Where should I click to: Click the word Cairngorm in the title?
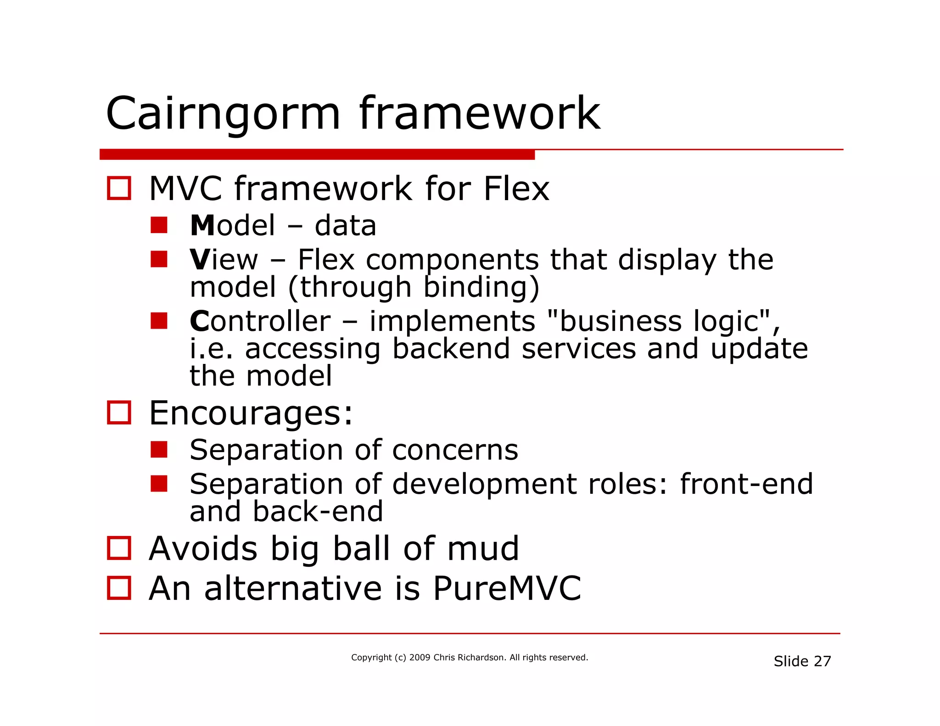pyautogui.click(x=223, y=114)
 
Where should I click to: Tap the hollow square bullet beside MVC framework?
pyautogui.click(x=119, y=188)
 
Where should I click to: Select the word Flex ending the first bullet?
pyautogui.click(x=516, y=189)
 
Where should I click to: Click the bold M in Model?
pyautogui.click(x=202, y=226)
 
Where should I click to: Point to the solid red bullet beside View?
pyautogui.click(x=159, y=259)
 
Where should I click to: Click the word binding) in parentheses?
pyautogui.click(x=481, y=287)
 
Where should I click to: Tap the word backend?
pyautogui.click(x=451, y=349)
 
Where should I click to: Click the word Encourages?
pyautogui.click(x=251, y=413)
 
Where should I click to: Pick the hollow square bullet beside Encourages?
pyautogui.click(x=119, y=413)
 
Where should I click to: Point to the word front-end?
pyautogui.click(x=746, y=484)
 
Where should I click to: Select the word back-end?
pyautogui.click(x=318, y=512)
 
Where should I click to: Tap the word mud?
pyautogui.click(x=482, y=549)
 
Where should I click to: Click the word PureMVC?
pyautogui.click(x=507, y=588)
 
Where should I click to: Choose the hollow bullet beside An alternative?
pyautogui.click(x=119, y=588)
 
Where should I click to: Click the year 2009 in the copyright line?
pyautogui.click(x=420, y=658)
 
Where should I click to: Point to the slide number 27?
pyautogui.click(x=822, y=661)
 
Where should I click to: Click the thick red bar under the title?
pyautogui.click(x=317, y=155)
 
